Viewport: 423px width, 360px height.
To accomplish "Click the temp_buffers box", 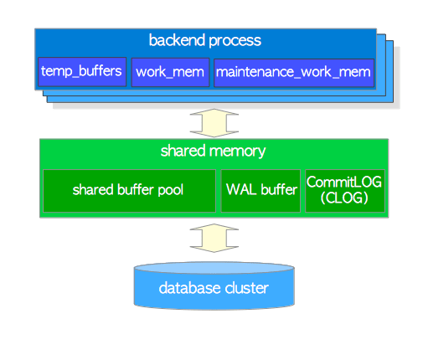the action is click(x=82, y=72).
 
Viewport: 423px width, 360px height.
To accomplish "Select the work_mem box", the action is click(x=170, y=72).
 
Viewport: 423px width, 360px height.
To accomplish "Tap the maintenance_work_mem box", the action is click(x=294, y=73).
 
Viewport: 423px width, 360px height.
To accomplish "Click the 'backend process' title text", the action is click(x=205, y=40).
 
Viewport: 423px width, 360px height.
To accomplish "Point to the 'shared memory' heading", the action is click(x=213, y=151).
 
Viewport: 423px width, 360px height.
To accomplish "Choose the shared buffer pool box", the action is click(x=129, y=191).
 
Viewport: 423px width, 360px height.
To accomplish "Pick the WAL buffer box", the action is click(x=261, y=191).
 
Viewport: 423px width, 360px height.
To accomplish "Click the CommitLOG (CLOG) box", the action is click(x=345, y=191).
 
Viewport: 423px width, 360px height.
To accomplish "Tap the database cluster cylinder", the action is click(x=214, y=285).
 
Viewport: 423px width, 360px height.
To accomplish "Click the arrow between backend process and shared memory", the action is click(x=214, y=123).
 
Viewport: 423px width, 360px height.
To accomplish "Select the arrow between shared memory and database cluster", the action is click(x=214, y=238).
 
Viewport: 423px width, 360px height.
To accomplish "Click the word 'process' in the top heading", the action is click(x=235, y=41).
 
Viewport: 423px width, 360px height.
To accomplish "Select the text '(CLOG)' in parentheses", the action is click(x=344, y=198).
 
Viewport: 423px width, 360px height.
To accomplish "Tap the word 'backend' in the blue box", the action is click(x=177, y=40).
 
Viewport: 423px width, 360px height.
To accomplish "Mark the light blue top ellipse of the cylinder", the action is click(x=214, y=268).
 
